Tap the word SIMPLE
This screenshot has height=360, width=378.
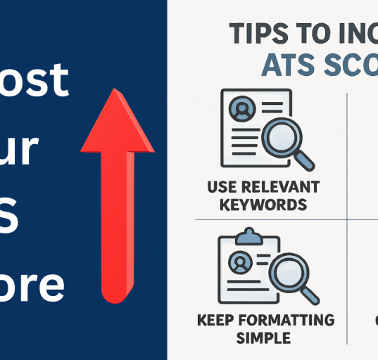263,338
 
